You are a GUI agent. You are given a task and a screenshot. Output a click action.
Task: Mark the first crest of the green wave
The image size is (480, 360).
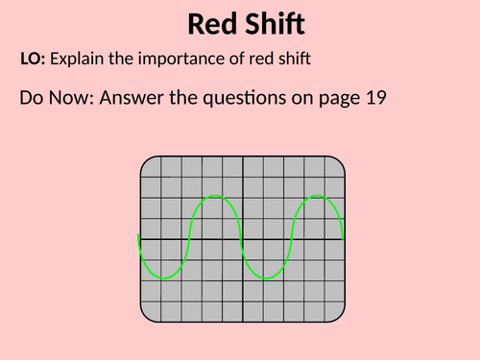point(218,197)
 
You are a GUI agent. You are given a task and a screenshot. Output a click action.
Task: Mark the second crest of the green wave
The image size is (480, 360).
point(318,197)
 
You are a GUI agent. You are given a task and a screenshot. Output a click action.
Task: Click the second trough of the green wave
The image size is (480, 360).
point(267,278)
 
